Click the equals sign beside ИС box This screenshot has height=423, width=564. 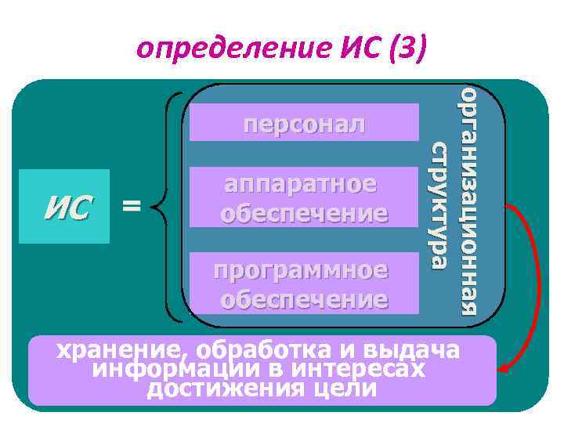(132, 206)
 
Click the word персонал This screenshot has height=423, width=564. (305, 123)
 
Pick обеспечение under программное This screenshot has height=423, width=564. (305, 298)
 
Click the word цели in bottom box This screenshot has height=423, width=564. (342, 388)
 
